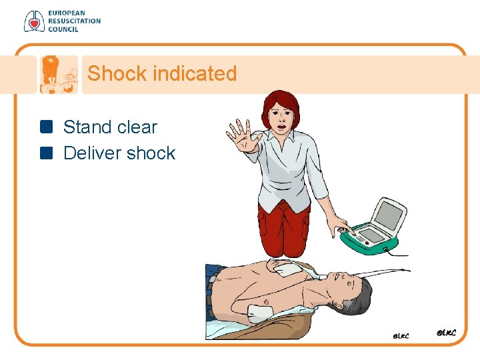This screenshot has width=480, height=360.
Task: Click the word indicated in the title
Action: [194, 73]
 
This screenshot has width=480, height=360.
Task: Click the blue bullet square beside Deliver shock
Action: [46, 153]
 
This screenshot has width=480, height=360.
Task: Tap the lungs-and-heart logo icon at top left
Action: [33, 21]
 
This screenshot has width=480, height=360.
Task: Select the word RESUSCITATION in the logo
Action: [74, 21]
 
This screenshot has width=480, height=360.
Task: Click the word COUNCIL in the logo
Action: [63, 29]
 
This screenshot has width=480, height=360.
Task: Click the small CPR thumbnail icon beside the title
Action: [58, 74]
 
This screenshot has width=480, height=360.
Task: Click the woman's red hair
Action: [280, 101]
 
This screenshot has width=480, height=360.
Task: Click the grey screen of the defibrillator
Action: [390, 215]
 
